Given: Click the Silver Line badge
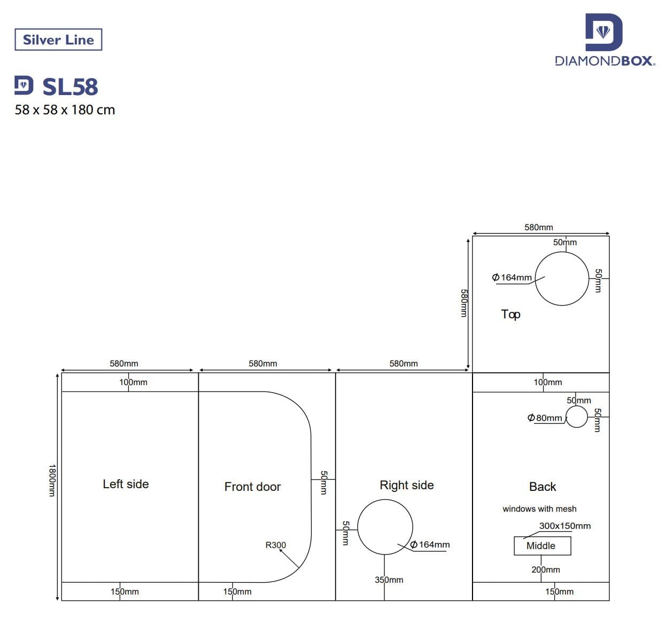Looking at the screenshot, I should tap(58, 40).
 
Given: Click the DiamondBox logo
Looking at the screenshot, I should tap(605, 41).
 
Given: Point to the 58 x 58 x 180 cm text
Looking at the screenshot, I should tap(65, 110).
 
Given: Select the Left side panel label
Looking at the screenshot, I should tap(126, 484).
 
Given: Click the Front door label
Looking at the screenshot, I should tap(252, 487).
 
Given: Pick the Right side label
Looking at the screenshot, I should tap(406, 485).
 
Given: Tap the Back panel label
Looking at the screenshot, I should tap(543, 487).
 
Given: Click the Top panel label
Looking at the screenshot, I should tap(510, 314).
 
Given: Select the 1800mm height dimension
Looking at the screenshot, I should tap(52, 480).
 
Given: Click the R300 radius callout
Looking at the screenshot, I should tap(276, 545).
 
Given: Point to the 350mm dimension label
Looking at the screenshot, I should tap(389, 580).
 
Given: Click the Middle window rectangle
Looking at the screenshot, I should tap(542, 546).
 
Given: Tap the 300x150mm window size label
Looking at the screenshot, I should tap(564, 526).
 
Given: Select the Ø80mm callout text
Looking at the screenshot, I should tap(545, 418).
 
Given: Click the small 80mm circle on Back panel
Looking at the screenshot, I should tap(577, 417).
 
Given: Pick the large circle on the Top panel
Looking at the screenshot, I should tap(562, 278).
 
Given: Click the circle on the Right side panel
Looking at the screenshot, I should tap(385, 527).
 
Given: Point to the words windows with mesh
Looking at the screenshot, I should tap(539, 509).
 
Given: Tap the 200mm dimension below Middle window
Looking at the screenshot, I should tap(545, 569).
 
